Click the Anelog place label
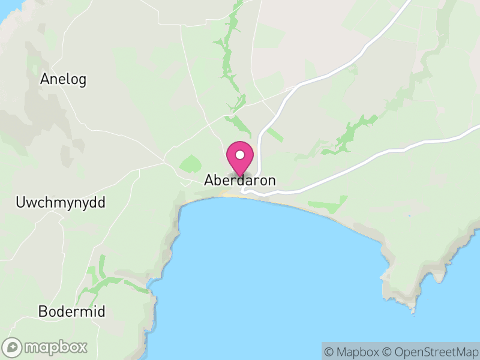point(63,79)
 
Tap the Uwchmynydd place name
point(60,203)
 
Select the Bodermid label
point(71,312)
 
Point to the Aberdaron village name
point(240,180)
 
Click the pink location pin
point(240,159)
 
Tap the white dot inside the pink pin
point(240,155)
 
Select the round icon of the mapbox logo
point(13,347)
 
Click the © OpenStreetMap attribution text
point(430,352)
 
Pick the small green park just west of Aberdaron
point(191,163)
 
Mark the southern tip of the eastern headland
point(413,311)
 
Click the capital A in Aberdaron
point(209,180)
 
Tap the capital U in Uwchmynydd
point(19,203)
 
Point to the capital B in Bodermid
point(41,312)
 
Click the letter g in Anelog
point(82,80)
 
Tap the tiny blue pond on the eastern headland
point(409,216)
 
